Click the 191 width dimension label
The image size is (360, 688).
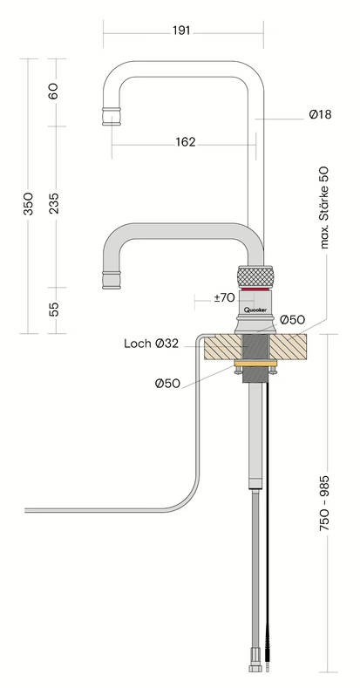tap(181, 31)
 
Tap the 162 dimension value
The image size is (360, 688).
tap(186, 142)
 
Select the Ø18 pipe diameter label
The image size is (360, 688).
tap(320, 114)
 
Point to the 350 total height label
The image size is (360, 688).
tap(29, 203)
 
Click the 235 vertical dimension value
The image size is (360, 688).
tap(54, 203)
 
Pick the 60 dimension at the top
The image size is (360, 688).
tap(53, 92)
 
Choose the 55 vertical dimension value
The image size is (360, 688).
tap(54, 310)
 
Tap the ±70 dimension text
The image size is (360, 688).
tap(225, 297)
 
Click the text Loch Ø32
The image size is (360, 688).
tap(152, 344)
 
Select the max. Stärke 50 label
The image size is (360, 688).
tap(324, 208)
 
